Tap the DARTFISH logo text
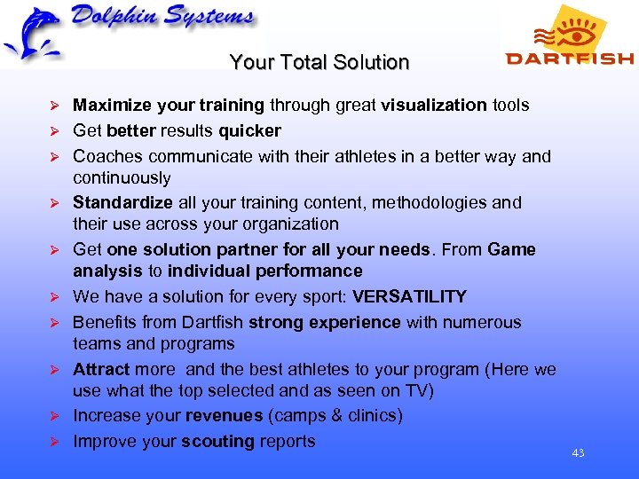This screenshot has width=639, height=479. pos(569,59)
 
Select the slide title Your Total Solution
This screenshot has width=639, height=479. pos(319,63)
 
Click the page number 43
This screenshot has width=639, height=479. pos(578,453)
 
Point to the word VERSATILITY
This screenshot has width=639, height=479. pos(409,296)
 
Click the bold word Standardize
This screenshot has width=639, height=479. pos(122,202)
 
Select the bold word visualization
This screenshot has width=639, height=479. pos(434,105)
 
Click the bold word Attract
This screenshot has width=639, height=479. pos(101,369)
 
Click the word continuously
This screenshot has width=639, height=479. pos(122,177)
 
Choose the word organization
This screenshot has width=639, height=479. pos(288,224)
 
